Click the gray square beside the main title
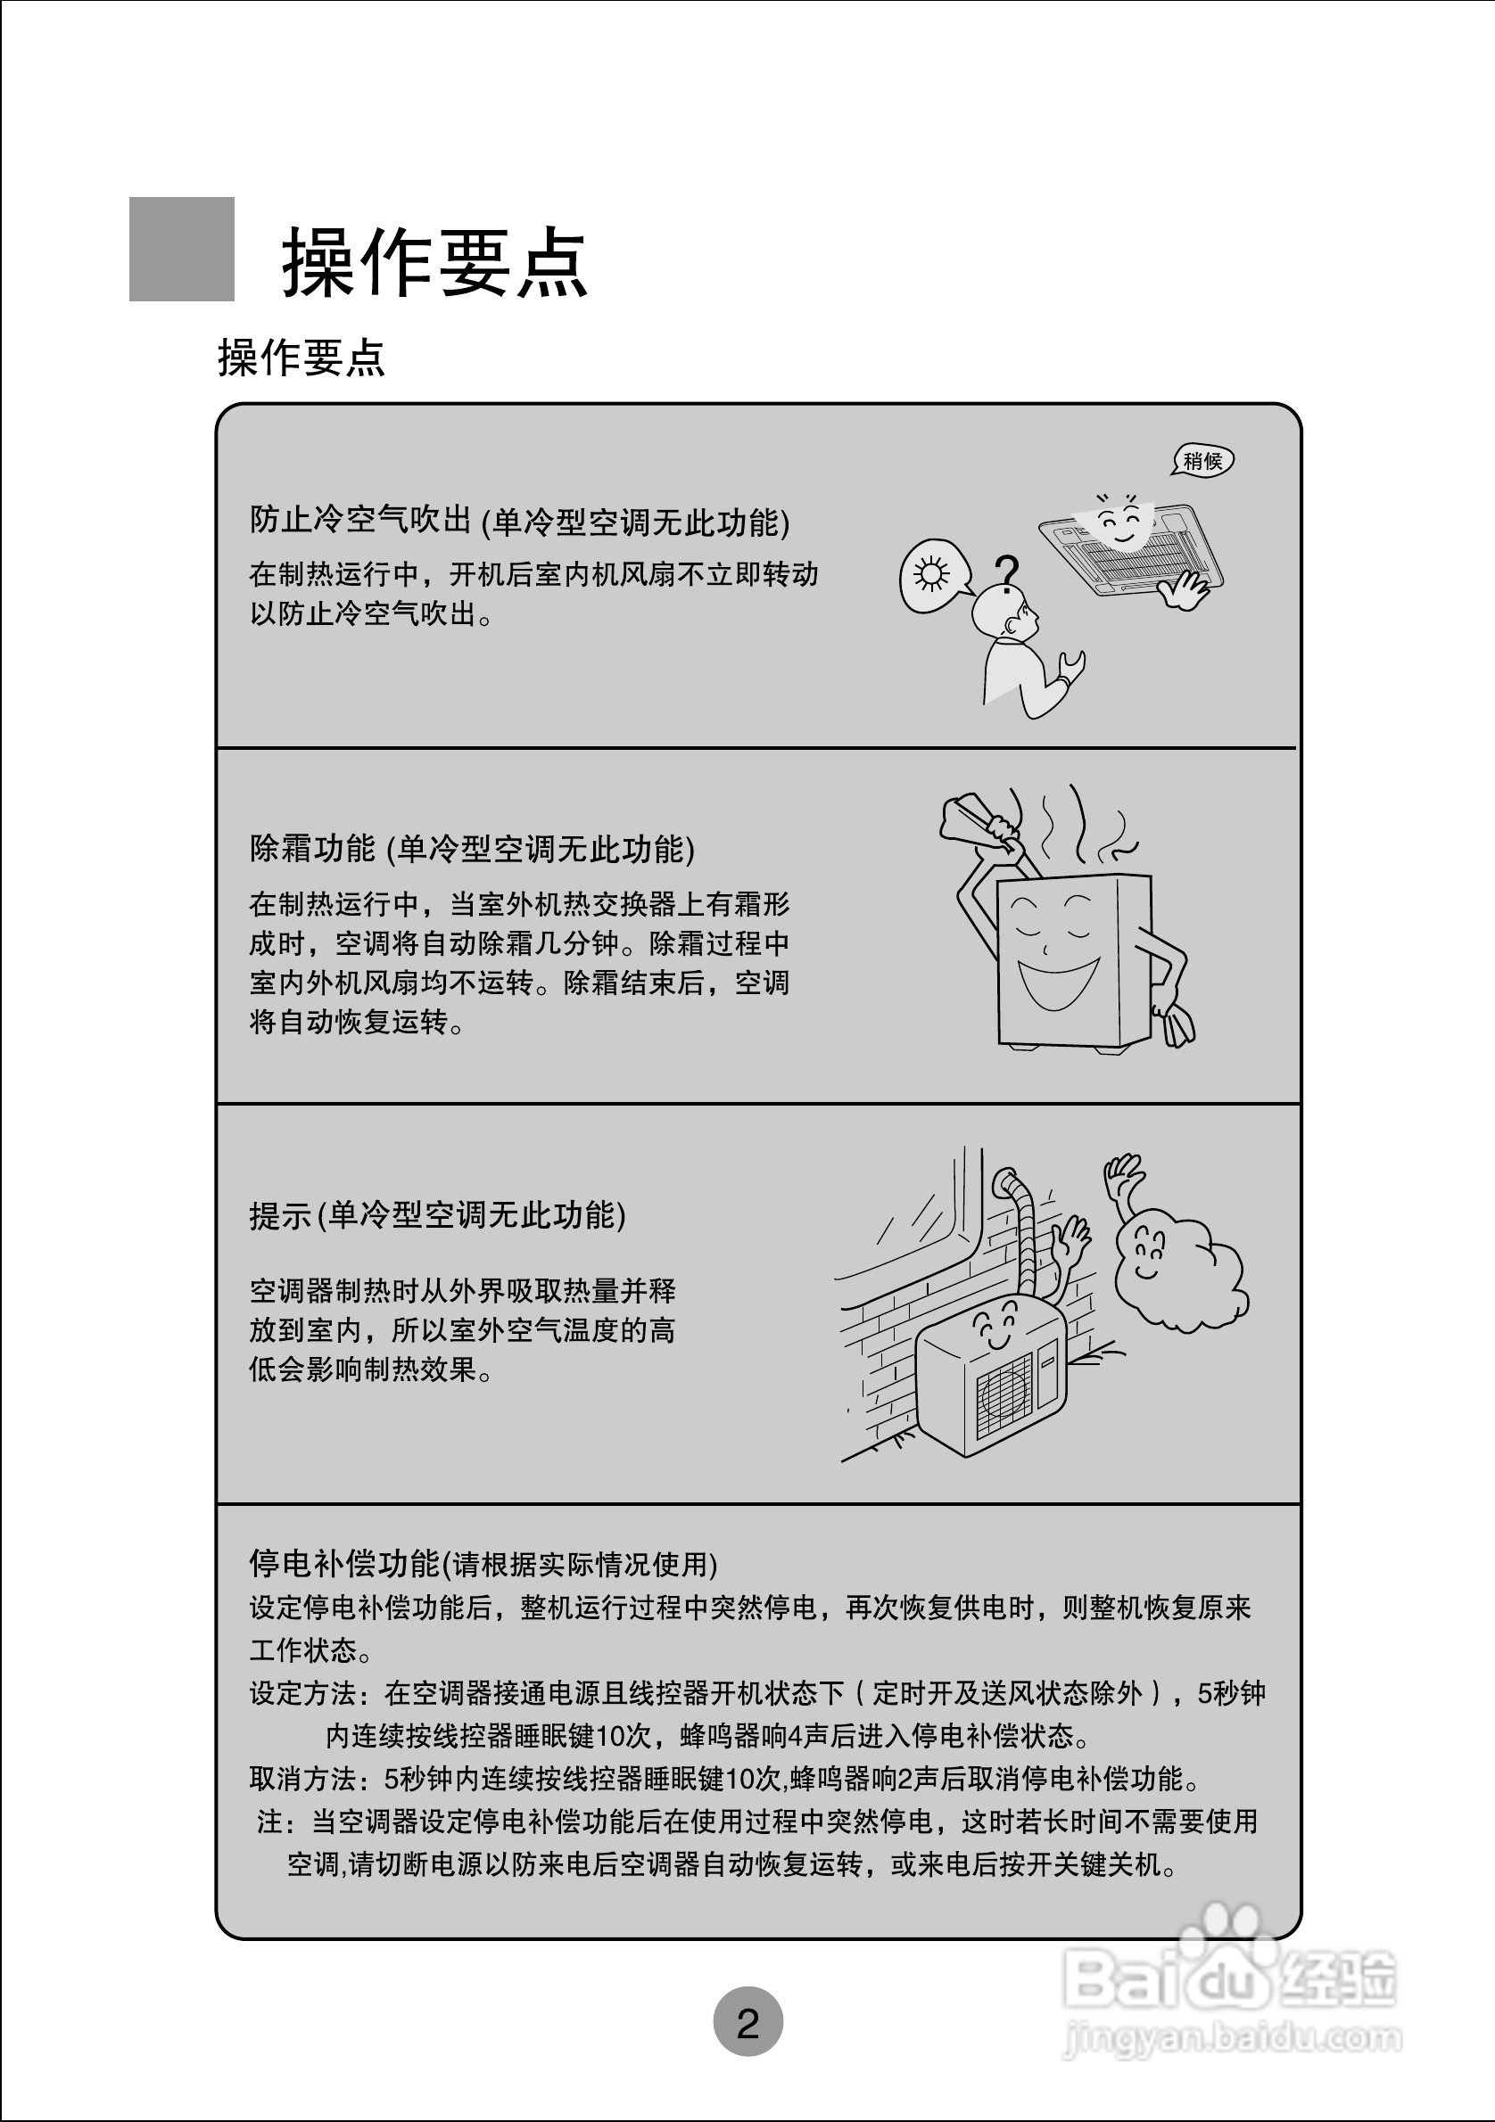(x=181, y=249)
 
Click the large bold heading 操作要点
(x=434, y=263)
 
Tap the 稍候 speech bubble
(x=1202, y=460)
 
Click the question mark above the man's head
(x=1007, y=572)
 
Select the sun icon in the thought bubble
(x=931, y=575)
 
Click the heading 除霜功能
(x=312, y=848)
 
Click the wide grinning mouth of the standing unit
(x=1057, y=983)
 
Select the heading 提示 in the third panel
(x=280, y=1215)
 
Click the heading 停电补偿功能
(x=344, y=1564)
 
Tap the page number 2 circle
(x=748, y=2024)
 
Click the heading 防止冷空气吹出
(x=360, y=521)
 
